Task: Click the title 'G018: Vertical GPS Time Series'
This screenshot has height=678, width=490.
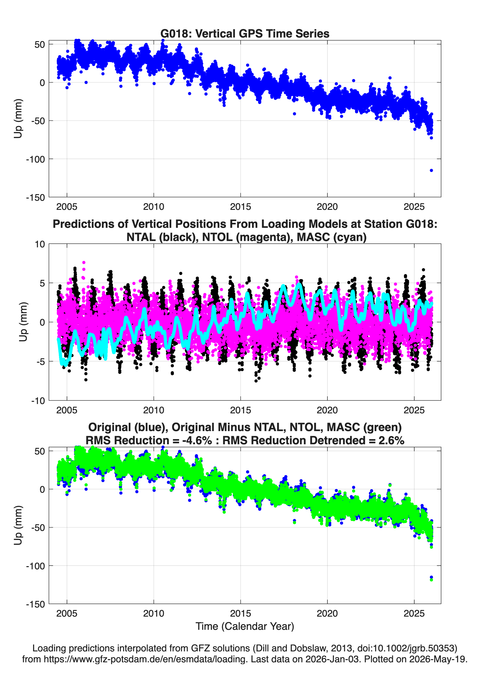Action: coord(245,33)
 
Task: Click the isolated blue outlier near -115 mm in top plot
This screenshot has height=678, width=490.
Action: coord(431,170)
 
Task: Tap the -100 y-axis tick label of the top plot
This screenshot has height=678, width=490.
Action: coord(35,159)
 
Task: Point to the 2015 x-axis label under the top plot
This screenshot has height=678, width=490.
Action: coord(240,207)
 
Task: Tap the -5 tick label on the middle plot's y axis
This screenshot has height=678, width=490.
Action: coord(41,362)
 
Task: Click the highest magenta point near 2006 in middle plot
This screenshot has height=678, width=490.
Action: coord(84,262)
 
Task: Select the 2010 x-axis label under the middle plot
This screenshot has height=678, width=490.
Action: coord(154,410)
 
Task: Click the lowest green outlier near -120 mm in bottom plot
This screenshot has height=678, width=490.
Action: coord(431,580)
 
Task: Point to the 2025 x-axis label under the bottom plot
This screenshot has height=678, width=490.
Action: coord(414,613)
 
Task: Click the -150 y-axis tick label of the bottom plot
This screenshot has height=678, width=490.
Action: coord(35,604)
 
